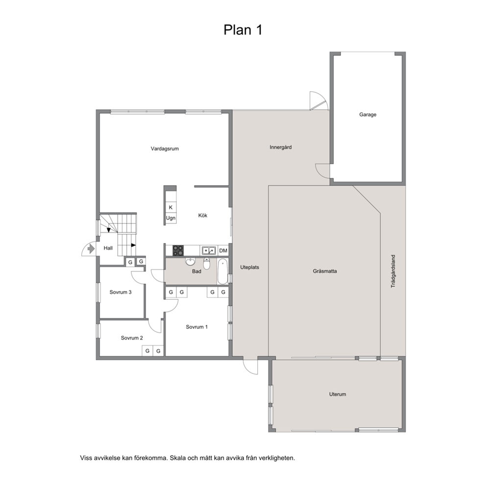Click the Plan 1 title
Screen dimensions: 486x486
pos(243,30)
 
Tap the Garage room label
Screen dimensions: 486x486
pos(367,115)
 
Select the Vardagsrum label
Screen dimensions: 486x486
pos(165,149)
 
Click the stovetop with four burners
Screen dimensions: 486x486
pos(178,250)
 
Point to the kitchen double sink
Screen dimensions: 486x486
pos(209,250)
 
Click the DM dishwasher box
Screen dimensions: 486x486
pos(223,250)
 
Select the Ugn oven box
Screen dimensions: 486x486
pos(170,218)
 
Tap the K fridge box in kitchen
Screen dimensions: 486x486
pos(170,207)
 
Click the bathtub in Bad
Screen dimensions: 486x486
pos(222,272)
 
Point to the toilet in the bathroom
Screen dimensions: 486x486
pos(207,264)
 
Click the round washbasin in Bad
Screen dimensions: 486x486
pos(190,262)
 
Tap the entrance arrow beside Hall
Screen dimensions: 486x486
pos(91,248)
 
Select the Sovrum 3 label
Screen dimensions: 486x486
pos(121,292)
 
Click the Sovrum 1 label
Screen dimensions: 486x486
pos(197,327)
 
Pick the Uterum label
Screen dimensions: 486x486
pos(338,394)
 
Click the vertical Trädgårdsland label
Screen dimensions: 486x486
pos(393,271)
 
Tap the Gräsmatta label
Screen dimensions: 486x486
pos(325,271)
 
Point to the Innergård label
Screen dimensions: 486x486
pos(281,147)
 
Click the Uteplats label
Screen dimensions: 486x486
pos(249,267)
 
